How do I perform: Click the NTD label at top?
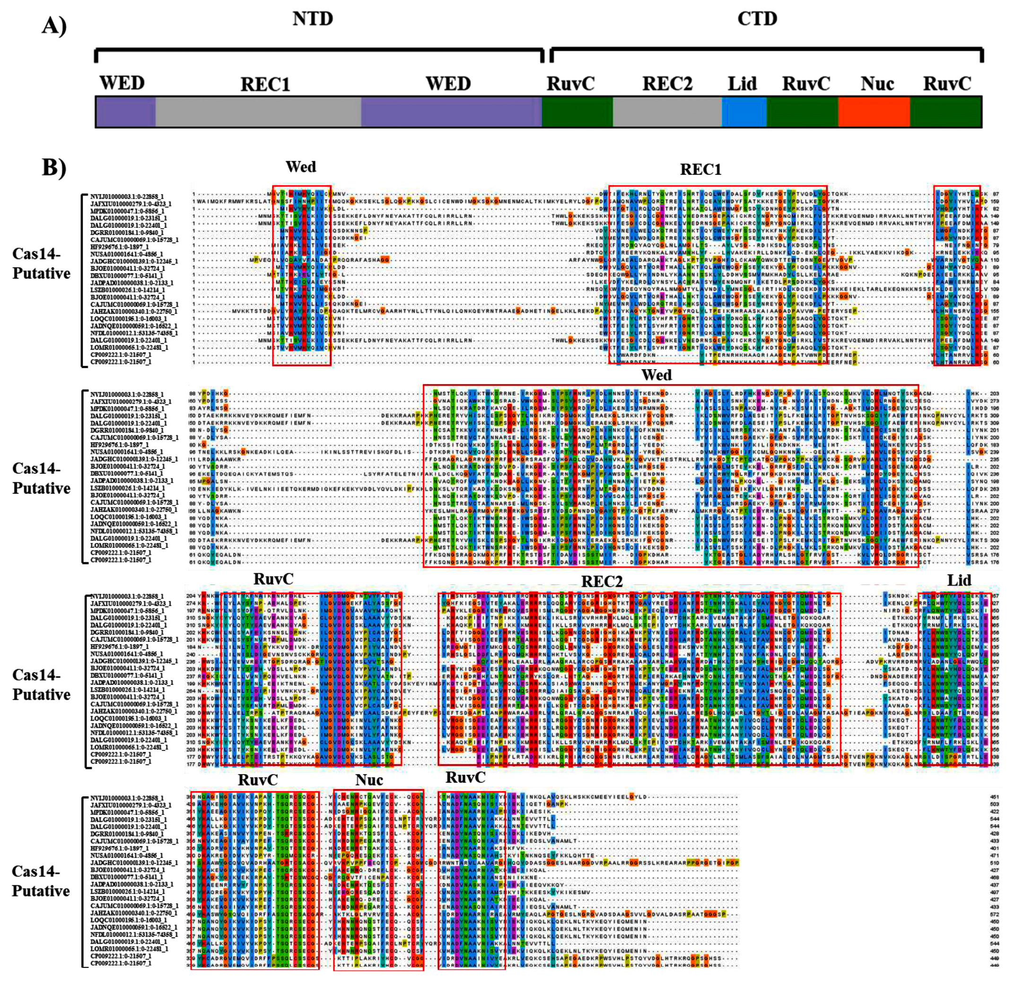(313, 19)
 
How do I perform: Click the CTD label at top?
(757, 19)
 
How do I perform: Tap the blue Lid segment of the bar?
(743, 112)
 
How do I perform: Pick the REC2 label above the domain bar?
(667, 84)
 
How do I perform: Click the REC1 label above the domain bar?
(265, 85)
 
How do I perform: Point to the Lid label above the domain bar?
(742, 84)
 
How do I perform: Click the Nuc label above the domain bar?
(877, 84)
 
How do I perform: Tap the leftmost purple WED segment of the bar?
(125, 112)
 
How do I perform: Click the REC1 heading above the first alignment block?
(700, 170)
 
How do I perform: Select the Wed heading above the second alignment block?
(656, 375)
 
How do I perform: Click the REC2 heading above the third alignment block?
(601, 582)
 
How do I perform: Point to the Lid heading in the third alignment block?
(959, 581)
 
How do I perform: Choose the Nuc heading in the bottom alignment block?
(369, 780)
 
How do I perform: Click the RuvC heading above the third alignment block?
(273, 579)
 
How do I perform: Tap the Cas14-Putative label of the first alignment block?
(42, 264)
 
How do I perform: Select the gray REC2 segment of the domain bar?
(666, 112)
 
